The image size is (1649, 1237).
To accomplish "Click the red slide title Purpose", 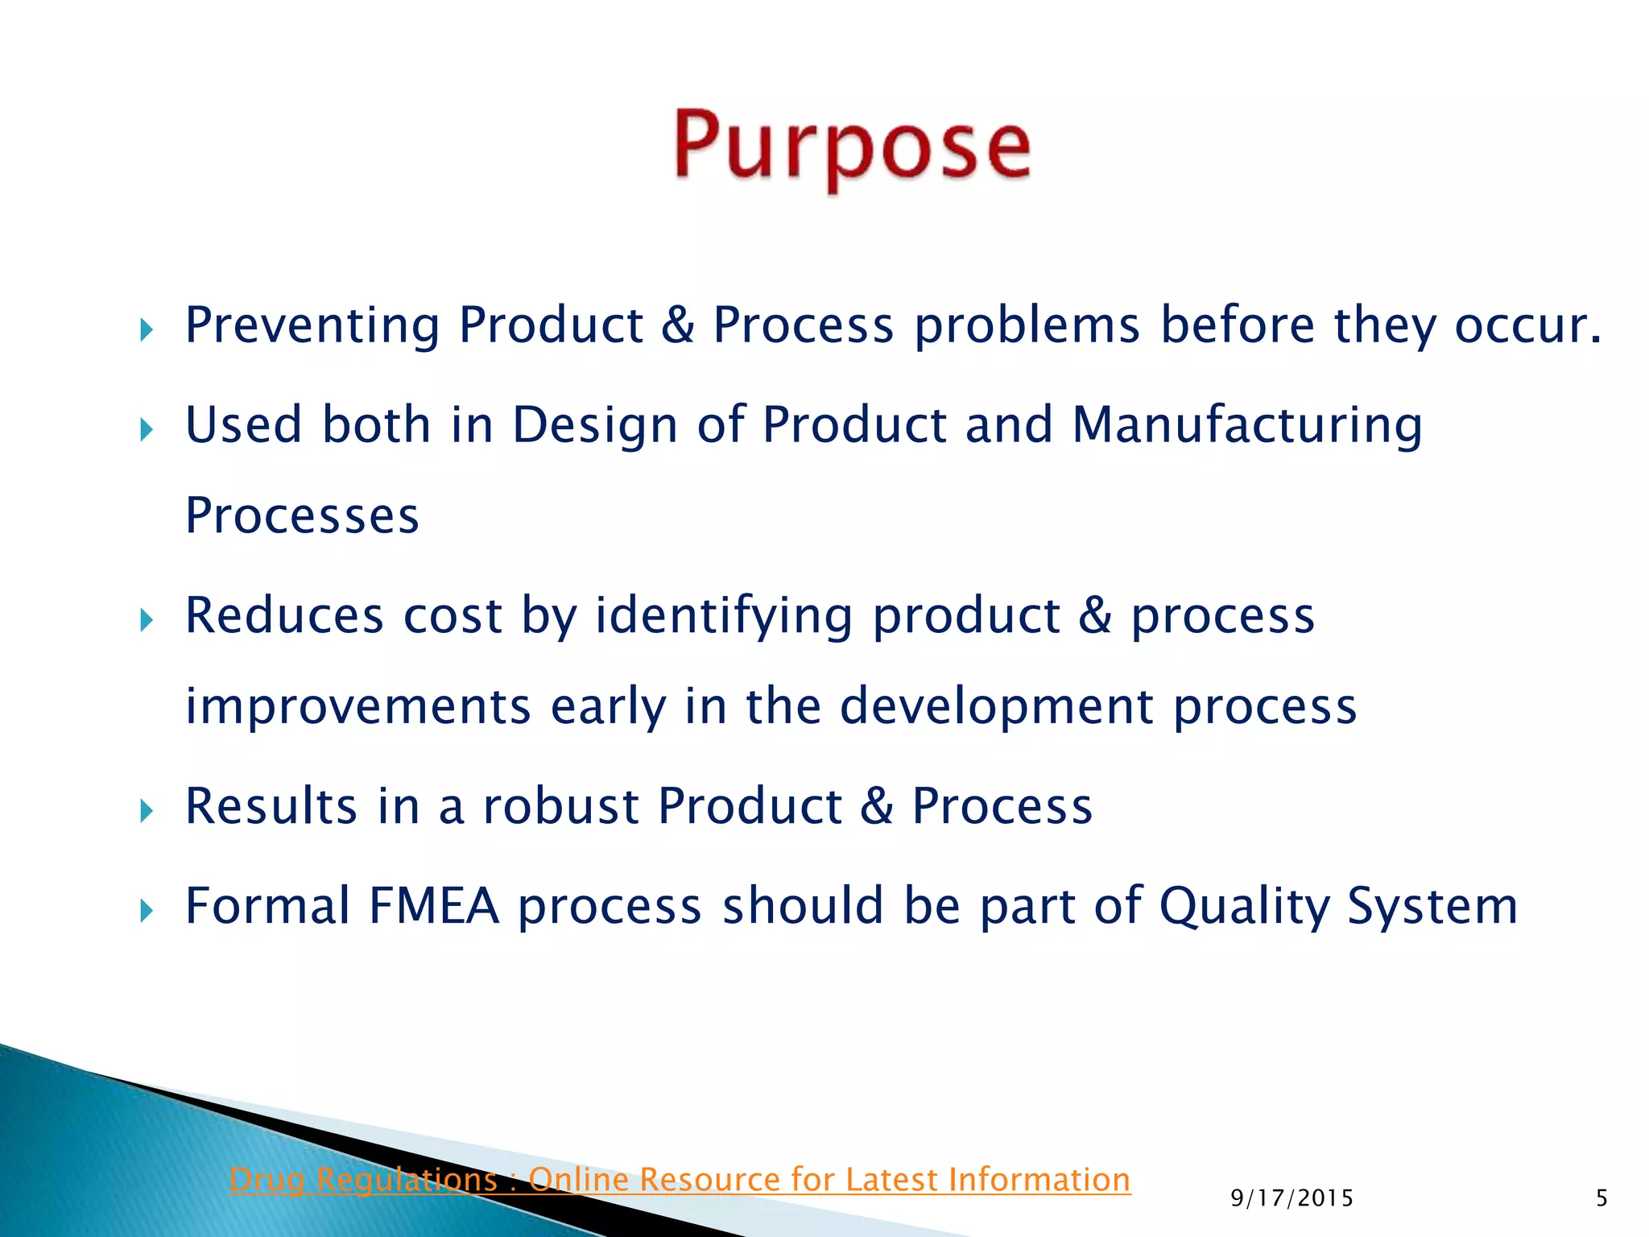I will click(x=852, y=147).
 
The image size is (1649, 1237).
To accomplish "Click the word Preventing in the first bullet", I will click(x=312, y=326).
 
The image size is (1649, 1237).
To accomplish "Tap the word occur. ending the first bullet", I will click(x=1527, y=326).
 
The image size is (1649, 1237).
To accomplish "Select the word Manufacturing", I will click(x=1247, y=425).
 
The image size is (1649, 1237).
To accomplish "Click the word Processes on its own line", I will click(x=302, y=516).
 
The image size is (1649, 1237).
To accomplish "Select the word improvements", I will click(x=357, y=707).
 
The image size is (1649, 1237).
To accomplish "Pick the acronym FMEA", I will click(x=434, y=906).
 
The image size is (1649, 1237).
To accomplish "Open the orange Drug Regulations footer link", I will click(x=680, y=1180).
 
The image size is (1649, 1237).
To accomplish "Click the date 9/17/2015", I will click(x=1292, y=1199).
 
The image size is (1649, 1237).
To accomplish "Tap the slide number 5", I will click(x=1601, y=1199).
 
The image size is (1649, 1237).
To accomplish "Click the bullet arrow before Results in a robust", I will click(x=146, y=810).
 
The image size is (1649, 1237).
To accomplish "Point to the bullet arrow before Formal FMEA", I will click(x=146, y=911).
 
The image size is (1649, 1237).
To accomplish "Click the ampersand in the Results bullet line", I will click(x=877, y=806).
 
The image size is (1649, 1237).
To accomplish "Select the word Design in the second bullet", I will click(x=594, y=425).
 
